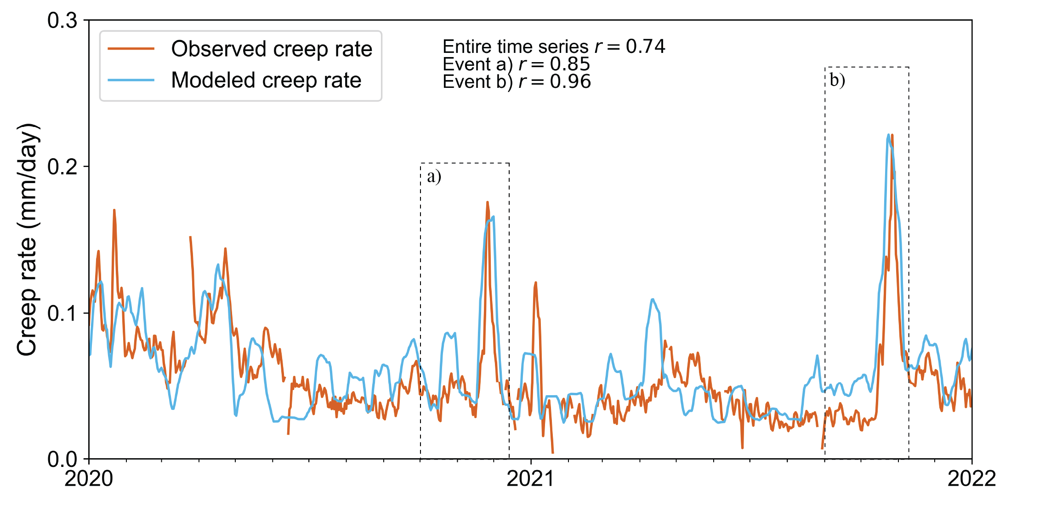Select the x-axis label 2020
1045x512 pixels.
pos(89,479)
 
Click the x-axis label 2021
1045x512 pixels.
pos(530,479)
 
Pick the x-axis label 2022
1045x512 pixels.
pos(971,479)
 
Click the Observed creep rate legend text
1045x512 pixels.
pos(272,49)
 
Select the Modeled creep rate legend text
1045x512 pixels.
pos(266,80)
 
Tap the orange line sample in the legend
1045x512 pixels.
pos(131,49)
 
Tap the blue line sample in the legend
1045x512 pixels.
pos(131,80)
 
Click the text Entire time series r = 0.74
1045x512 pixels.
pos(553,46)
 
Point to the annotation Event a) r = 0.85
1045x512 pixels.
pos(516,64)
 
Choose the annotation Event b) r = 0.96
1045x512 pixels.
pos(516,82)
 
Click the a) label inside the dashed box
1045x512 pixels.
pos(434,176)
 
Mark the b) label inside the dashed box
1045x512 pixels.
pos(837,80)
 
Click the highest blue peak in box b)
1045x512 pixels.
pos(889,135)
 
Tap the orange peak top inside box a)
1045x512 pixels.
pos(487,202)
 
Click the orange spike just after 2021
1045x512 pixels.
pos(535,283)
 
